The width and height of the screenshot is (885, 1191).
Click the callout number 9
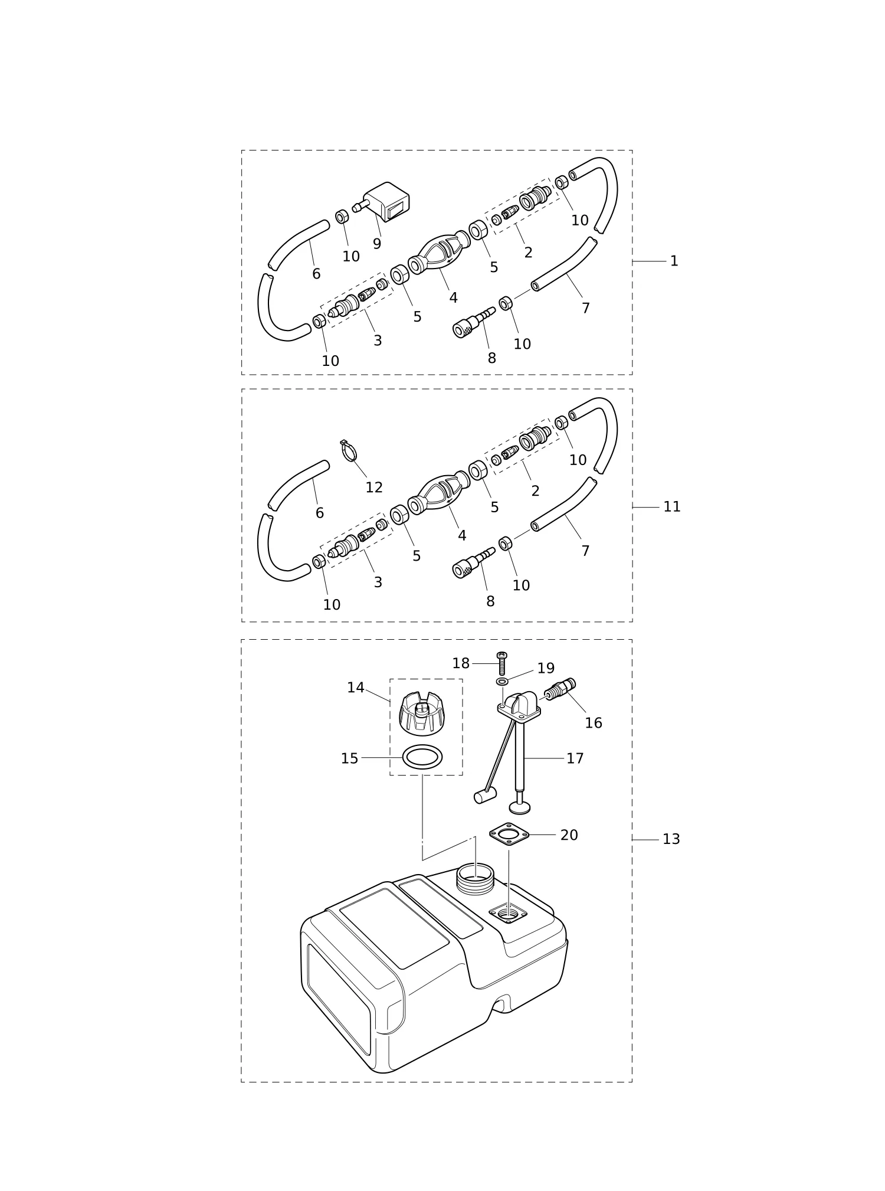(377, 244)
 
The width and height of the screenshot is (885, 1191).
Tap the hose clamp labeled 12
(349, 451)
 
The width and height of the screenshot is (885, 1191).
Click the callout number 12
(374, 487)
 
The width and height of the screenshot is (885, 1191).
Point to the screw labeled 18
(502, 664)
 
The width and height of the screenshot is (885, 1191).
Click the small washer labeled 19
(502, 682)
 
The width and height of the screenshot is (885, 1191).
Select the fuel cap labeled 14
(422, 714)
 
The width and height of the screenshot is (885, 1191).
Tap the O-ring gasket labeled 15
(422, 757)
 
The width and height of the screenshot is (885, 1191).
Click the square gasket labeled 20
(509, 835)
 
